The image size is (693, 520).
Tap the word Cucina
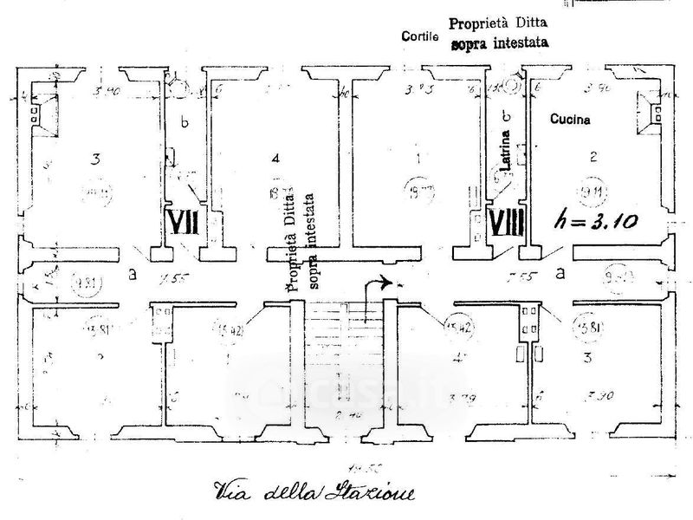570,121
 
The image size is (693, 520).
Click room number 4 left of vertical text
275,159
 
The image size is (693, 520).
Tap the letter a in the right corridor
560,273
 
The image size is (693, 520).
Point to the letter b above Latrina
507,116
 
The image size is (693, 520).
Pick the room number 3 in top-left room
97,159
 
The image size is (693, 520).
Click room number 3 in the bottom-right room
588,358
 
